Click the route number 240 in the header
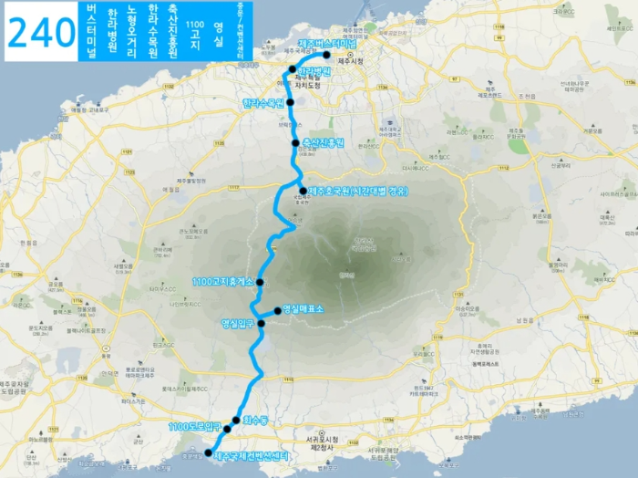tap(40, 33)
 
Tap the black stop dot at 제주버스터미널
tap(326, 54)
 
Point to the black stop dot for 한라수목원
tap(291, 102)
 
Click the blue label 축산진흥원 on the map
tap(324, 143)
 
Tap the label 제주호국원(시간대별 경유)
tap(357, 191)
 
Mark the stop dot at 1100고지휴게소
tap(260, 281)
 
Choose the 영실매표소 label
tap(304, 309)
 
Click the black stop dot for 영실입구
tap(262, 323)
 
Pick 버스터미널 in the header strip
tap(90, 33)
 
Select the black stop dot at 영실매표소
tap(277, 310)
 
